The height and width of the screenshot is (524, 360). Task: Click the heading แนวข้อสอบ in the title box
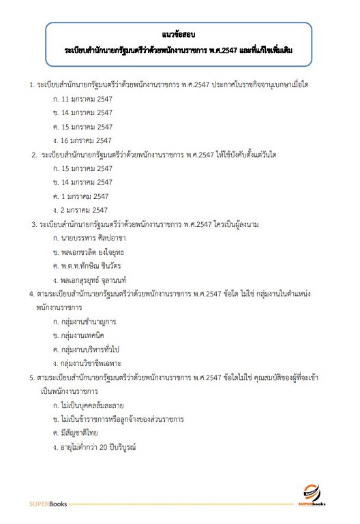coord(179,33)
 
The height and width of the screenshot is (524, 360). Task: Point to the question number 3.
coord(34,224)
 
